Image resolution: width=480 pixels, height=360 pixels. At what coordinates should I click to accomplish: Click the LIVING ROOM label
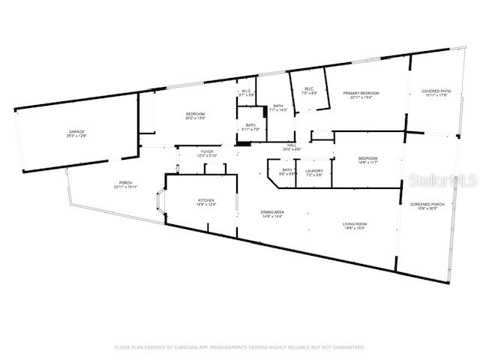pos(355,226)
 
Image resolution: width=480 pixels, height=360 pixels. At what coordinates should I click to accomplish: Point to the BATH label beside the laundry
pos(287,172)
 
